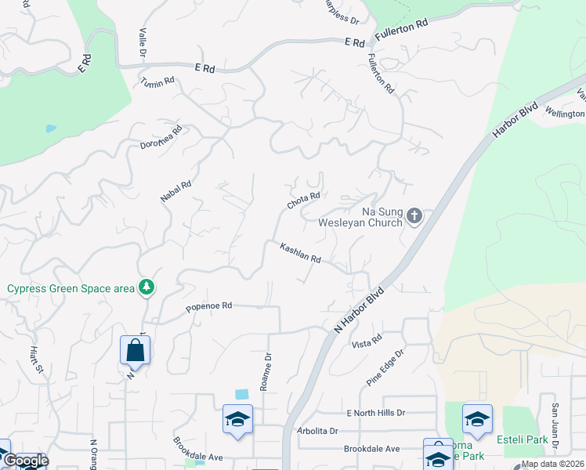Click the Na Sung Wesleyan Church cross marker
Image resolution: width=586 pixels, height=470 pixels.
click(415, 215)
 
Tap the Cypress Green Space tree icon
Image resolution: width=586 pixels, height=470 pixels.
click(146, 288)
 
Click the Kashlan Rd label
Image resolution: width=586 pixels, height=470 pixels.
click(301, 252)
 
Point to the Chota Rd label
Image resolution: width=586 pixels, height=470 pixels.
click(304, 201)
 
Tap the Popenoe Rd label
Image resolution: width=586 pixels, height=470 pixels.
click(209, 306)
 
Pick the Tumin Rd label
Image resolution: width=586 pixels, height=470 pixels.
click(157, 81)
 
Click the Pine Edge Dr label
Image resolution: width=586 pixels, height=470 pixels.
click(385, 367)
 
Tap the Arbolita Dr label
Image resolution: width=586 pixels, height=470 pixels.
click(317, 431)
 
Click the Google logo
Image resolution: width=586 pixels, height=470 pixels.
click(26, 461)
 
